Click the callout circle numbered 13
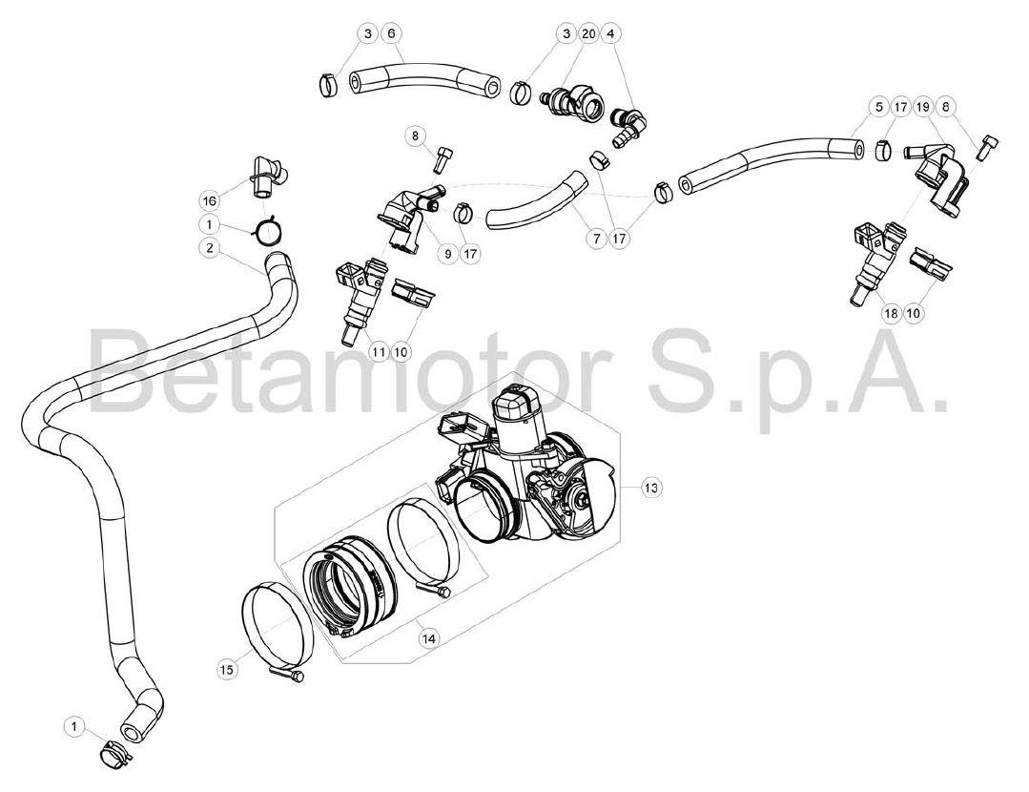(650, 488)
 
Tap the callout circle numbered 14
(429, 637)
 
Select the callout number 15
(226, 670)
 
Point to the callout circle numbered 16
(210, 199)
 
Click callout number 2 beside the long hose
(210, 247)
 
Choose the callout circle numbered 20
(589, 32)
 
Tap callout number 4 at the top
(611, 32)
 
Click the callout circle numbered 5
(878, 106)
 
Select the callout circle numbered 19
(923, 106)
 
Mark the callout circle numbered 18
(891, 313)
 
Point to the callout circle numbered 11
(379, 352)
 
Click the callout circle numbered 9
(448, 254)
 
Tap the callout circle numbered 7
(597, 239)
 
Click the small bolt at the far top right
(986, 147)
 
